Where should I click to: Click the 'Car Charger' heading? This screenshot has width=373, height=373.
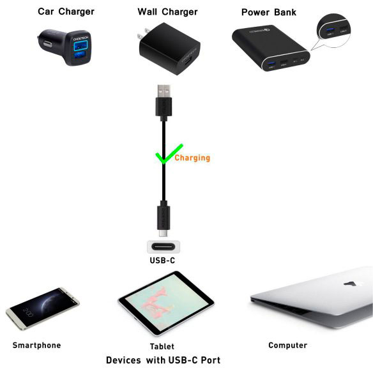click(x=66, y=11)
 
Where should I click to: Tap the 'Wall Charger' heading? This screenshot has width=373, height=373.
click(x=167, y=11)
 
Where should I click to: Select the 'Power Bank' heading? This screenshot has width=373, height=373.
click(x=269, y=12)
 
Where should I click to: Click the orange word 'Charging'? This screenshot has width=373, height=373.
click(x=192, y=158)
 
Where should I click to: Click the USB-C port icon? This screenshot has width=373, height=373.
click(x=164, y=248)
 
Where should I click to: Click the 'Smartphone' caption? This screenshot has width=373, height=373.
click(x=36, y=346)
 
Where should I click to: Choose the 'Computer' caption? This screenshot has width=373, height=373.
click(x=287, y=346)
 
